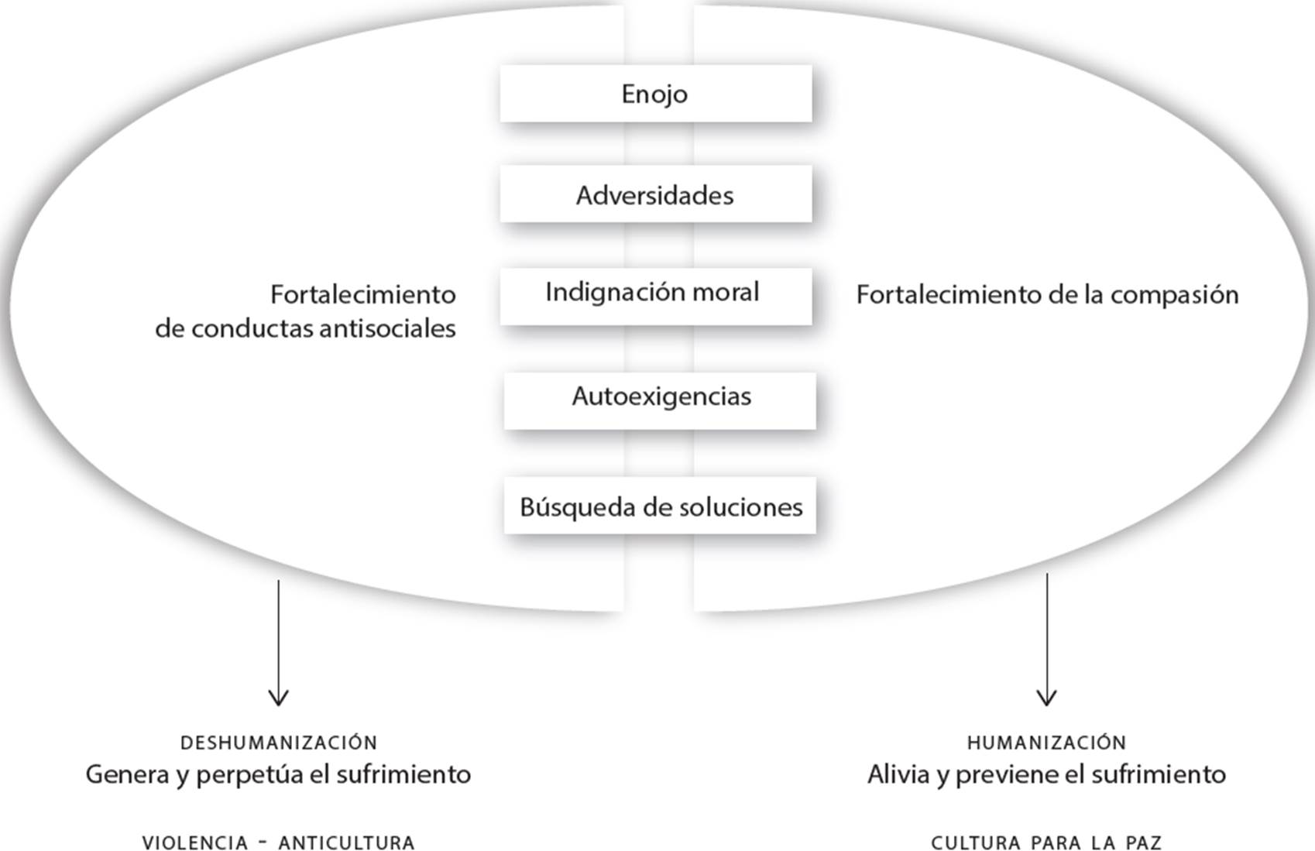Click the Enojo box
tap(655, 94)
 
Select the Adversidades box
tap(655, 194)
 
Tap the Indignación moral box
tap(655, 295)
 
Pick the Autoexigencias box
tap(660, 400)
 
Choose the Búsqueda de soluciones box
tap(660, 506)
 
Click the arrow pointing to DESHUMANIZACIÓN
tap(278, 643)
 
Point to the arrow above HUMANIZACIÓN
tap(1046, 640)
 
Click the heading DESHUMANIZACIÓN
tap(279, 743)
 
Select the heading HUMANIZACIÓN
tap(1046, 743)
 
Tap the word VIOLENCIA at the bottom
tap(194, 842)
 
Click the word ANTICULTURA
tap(346, 842)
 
